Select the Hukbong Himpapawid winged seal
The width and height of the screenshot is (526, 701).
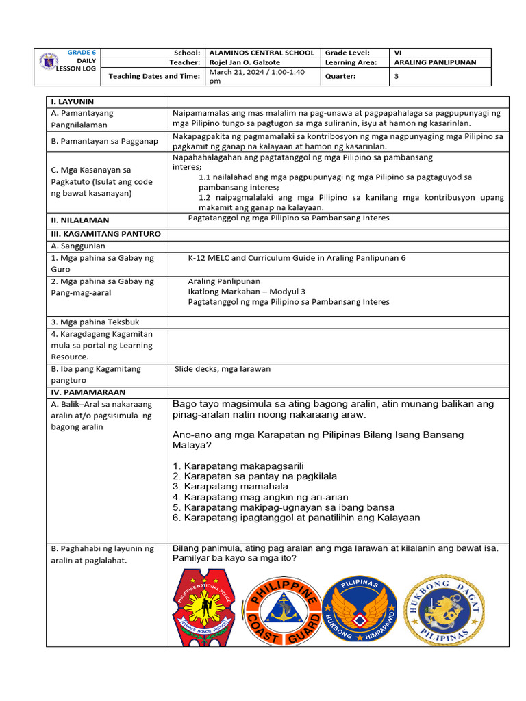360,608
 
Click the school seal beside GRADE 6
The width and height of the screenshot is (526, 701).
49,62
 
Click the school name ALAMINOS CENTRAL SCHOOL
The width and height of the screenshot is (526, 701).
262,53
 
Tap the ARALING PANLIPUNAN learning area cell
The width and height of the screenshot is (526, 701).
435,62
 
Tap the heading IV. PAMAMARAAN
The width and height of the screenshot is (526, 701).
88,392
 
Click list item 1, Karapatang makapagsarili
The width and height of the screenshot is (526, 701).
238,466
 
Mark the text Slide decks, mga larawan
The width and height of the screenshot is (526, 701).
223,369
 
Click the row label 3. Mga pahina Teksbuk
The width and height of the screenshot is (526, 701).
95,322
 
